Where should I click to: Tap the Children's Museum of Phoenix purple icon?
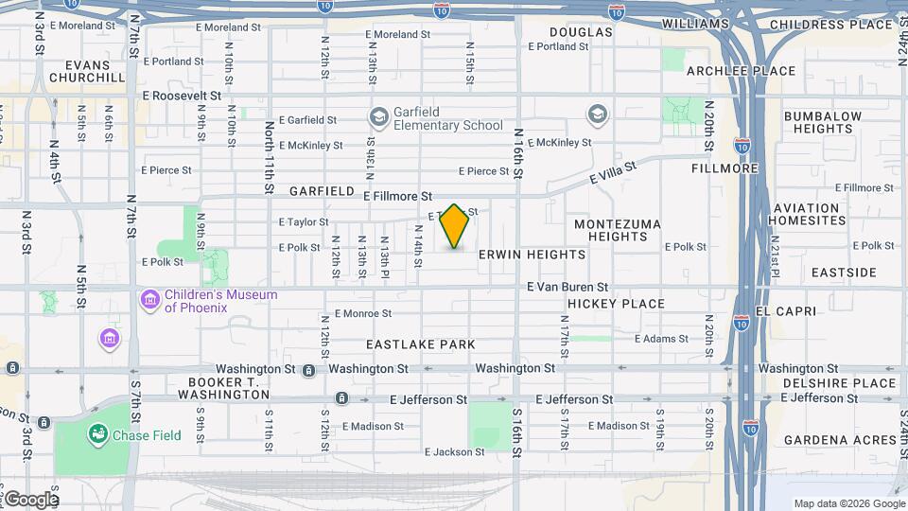pos(148,301)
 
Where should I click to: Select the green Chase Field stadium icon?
pos(96,434)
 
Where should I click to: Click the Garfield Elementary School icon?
pos(379,117)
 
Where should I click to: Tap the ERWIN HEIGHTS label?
pos(532,255)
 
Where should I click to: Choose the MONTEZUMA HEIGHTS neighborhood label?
pos(611,230)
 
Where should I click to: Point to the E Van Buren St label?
pos(567,287)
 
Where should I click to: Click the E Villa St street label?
pos(613,172)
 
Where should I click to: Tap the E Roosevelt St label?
pos(182,96)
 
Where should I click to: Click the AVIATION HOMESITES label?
pos(807,214)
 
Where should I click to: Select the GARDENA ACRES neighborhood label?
pos(839,440)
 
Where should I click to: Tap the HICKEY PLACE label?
pos(616,304)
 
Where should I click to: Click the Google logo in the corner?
pos(30,500)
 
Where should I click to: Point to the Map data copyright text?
pos(847,503)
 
